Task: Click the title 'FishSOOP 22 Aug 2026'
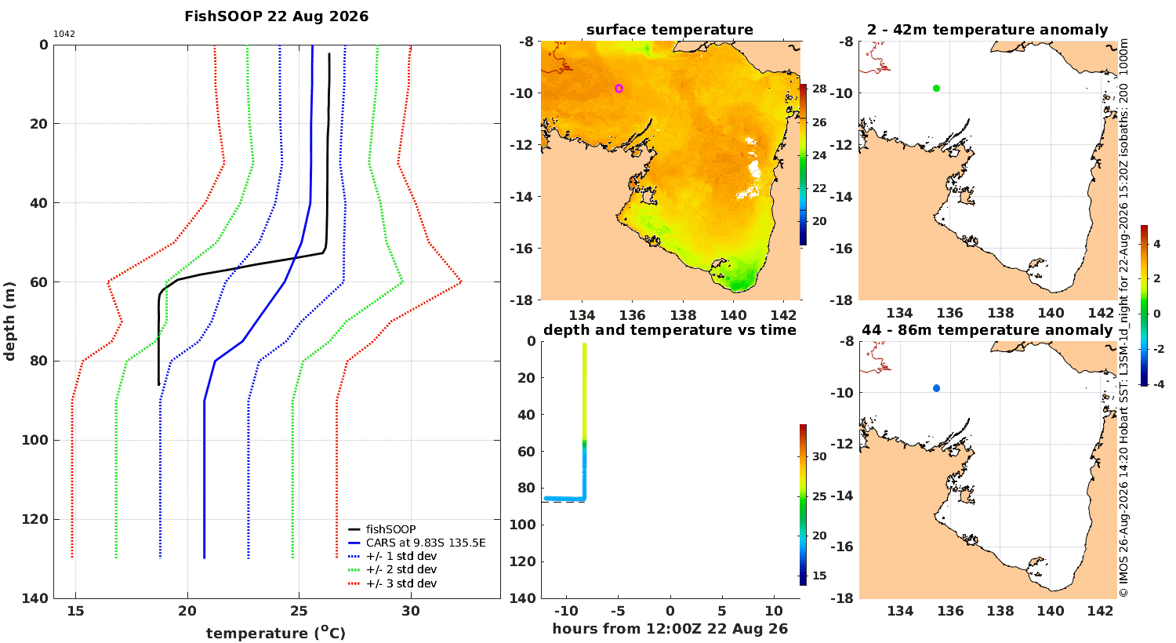coord(276,16)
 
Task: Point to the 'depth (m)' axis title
coord(9,321)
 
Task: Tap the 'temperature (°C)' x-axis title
coord(276,633)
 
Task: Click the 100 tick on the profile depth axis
coord(34,440)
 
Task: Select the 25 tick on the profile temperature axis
coord(299,611)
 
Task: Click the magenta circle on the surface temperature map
coord(619,89)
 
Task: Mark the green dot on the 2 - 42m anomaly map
coord(936,88)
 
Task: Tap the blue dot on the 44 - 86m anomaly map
coord(936,388)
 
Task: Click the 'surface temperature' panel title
coord(670,30)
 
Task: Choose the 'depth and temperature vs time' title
coord(670,329)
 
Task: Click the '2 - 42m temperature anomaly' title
coord(988,30)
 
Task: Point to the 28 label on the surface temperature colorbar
coord(819,89)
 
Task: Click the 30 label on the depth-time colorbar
coord(819,456)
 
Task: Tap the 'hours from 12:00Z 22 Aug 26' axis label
coord(670,629)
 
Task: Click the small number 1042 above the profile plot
coord(64,35)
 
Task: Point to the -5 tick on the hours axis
coord(618,611)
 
